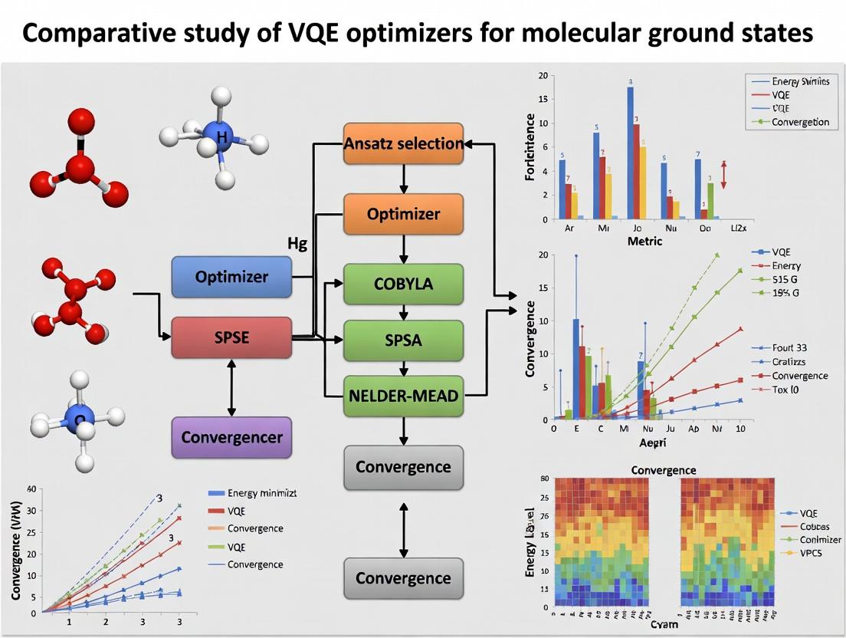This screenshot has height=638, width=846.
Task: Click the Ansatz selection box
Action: (x=403, y=143)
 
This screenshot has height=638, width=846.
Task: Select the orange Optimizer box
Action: (x=403, y=214)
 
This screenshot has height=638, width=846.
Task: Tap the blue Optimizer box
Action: (x=231, y=277)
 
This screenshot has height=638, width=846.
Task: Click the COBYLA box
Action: (x=403, y=284)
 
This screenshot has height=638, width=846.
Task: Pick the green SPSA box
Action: (x=403, y=340)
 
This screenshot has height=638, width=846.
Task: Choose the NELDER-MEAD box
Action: (x=403, y=396)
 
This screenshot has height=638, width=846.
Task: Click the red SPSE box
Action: (x=231, y=337)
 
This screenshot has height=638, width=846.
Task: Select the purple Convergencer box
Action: (x=231, y=438)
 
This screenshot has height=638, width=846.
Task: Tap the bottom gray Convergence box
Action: (x=403, y=578)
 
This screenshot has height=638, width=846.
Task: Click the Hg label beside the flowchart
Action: (x=297, y=245)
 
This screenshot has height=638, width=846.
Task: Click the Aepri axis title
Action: (x=654, y=443)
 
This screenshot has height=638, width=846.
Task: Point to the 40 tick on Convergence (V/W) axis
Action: (x=31, y=488)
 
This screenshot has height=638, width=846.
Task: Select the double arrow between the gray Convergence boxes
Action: (x=403, y=522)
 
